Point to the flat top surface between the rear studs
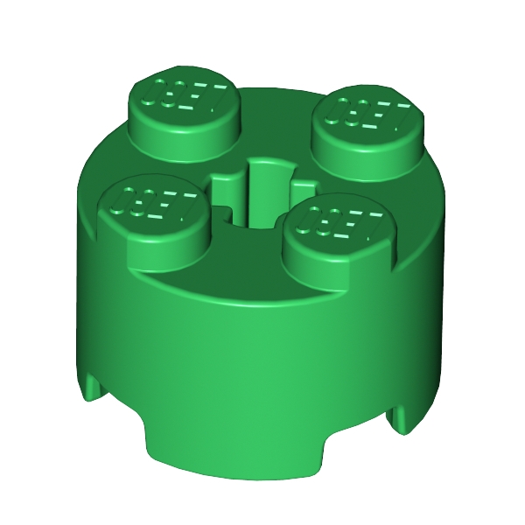pos(276,114)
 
